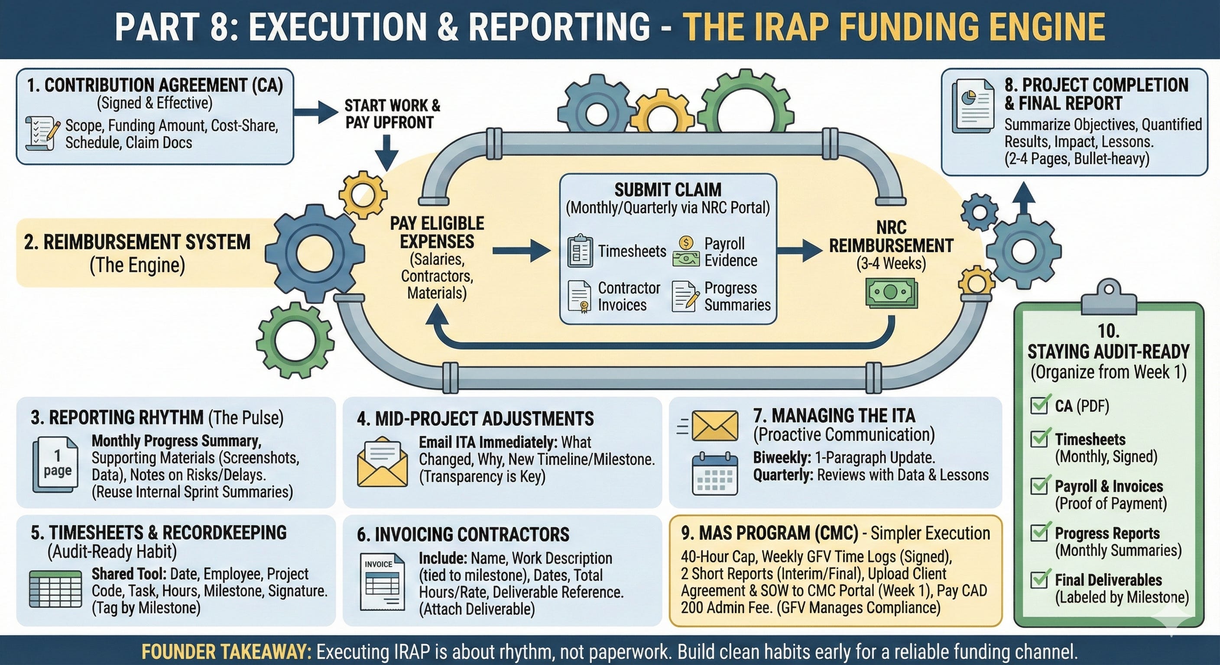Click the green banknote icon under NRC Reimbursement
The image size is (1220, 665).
tap(891, 294)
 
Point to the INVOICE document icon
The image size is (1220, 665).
tap(382, 582)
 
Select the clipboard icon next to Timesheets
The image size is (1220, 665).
tap(580, 251)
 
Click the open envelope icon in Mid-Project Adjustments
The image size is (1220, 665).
tap(382, 463)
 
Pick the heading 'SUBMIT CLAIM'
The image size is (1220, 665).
tap(668, 190)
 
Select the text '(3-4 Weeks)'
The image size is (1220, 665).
tap(891, 263)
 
